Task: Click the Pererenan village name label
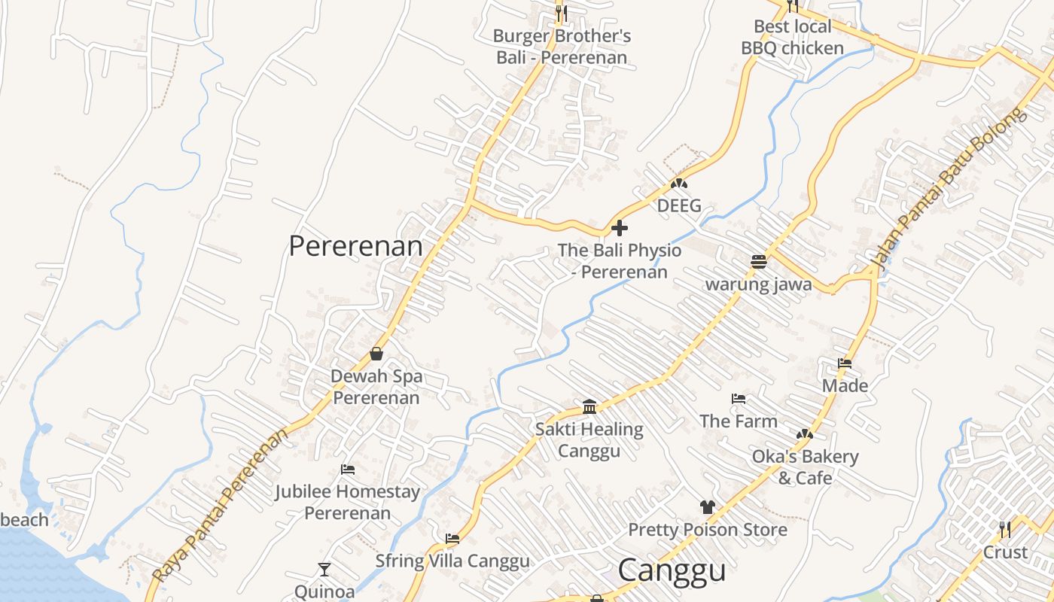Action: tap(355, 246)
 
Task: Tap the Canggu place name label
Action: tap(672, 570)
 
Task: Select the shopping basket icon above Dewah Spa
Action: tap(376, 354)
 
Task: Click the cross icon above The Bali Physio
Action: tap(620, 227)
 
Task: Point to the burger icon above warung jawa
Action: tap(758, 262)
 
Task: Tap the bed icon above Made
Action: tap(845, 363)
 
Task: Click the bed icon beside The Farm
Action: tap(739, 399)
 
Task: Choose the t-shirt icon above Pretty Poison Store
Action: tap(707, 507)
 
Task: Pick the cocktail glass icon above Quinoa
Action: tap(324, 570)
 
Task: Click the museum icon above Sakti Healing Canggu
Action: tap(589, 407)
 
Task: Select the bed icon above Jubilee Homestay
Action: tap(347, 470)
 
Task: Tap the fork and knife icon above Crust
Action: tap(1005, 530)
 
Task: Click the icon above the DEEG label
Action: tap(679, 184)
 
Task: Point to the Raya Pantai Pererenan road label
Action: tap(221, 505)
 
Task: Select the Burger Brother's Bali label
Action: tap(562, 47)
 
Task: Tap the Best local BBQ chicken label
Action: tap(793, 38)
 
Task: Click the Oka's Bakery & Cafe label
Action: tap(805, 467)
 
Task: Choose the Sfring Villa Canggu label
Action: tap(452, 561)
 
